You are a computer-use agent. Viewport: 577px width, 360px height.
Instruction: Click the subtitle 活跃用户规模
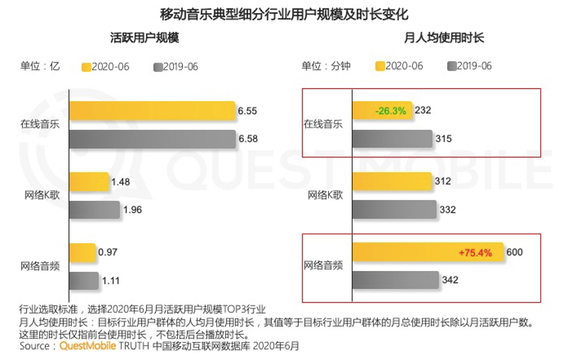click(x=144, y=39)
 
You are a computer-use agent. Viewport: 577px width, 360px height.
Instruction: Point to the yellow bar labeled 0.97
click(x=82, y=253)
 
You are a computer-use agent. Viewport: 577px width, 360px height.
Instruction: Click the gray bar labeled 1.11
click(x=83, y=280)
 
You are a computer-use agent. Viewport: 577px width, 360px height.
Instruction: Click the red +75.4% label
click(x=476, y=253)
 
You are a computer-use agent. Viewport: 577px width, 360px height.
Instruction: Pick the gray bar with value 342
click(x=394, y=280)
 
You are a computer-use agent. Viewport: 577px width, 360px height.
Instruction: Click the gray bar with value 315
click(x=392, y=138)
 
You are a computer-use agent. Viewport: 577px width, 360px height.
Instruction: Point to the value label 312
click(x=442, y=182)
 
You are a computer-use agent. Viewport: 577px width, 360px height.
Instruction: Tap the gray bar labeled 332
click(x=394, y=210)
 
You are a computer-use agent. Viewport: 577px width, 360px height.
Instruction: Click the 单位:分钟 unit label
click(x=326, y=67)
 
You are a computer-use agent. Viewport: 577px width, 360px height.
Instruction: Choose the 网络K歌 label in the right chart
click(x=325, y=195)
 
